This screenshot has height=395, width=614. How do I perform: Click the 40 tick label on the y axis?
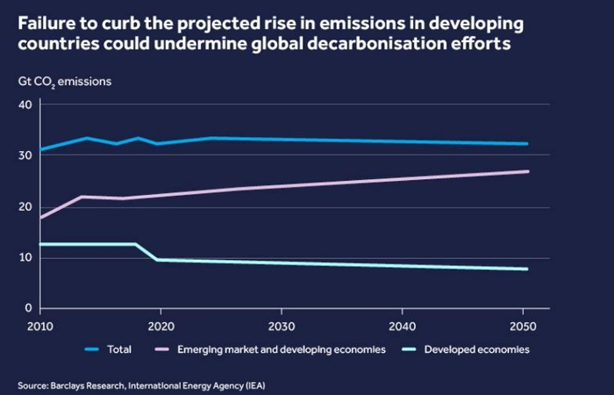24,105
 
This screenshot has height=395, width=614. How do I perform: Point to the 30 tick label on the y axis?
24,156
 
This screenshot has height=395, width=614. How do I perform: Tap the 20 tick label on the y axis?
24,207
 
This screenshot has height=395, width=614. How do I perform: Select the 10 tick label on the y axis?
24,258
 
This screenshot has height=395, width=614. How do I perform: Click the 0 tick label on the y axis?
27,309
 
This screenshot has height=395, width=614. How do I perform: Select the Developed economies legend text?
476,349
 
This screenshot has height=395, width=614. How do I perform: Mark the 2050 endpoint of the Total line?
527,144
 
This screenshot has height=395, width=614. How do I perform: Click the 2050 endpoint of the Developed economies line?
527,269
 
